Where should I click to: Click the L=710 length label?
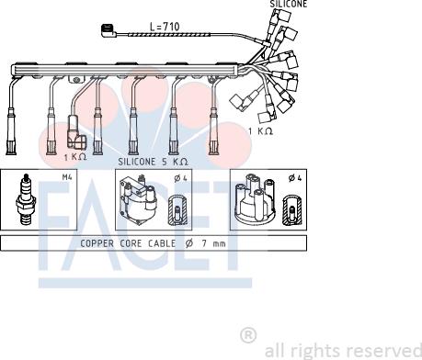pyautogui.click(x=165, y=27)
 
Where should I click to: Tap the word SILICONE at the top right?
pyautogui.click(x=288, y=4)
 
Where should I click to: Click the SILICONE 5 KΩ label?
pyautogui.click(x=153, y=162)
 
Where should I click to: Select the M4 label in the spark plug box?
pyautogui.click(x=67, y=177)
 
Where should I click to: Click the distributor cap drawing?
pyautogui.click(x=255, y=197)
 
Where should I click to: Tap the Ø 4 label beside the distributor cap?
pyautogui.click(x=295, y=177)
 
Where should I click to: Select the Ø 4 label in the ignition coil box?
pyautogui.click(x=180, y=178)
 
